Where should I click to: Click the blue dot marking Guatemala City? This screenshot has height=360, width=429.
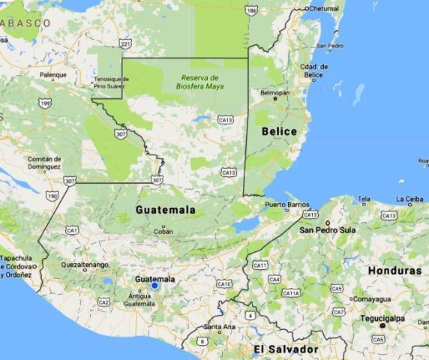[x=154, y=286]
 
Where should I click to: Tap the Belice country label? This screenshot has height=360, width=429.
[x=279, y=132]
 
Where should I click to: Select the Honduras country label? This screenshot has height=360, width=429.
[x=394, y=271]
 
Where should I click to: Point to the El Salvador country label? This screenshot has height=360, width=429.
[x=285, y=349]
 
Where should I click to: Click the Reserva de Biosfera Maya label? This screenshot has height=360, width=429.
[x=199, y=82]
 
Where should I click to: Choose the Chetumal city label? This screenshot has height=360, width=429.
[x=325, y=8]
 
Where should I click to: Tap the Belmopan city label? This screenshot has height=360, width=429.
[x=274, y=93]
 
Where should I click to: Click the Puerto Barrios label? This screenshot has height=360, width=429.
[x=287, y=204]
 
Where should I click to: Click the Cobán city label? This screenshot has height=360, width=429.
[x=163, y=231]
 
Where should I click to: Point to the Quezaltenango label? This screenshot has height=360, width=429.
[x=85, y=265]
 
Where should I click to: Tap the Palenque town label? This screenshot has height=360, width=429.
[x=52, y=75]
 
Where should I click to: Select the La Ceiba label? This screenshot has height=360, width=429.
[x=409, y=199]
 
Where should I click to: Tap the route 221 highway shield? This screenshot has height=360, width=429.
[x=125, y=44]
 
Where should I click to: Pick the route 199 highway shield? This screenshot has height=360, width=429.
[x=46, y=103]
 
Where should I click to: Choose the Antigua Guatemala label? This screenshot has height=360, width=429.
[x=139, y=300]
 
